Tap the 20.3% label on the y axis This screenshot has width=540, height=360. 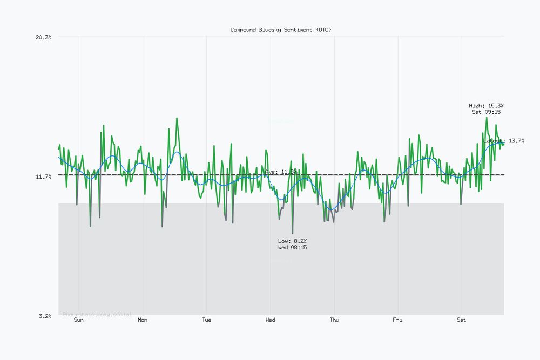(x=43, y=37)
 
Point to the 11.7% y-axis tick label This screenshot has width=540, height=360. (x=43, y=176)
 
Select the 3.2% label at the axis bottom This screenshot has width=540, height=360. (x=45, y=316)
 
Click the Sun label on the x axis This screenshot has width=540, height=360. (x=79, y=320)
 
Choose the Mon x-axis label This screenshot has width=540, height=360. (x=143, y=320)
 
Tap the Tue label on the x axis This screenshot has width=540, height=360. (x=206, y=320)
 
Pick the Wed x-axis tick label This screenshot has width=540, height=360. (x=270, y=320)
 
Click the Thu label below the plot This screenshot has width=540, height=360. (x=334, y=320)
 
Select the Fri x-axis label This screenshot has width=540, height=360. (x=397, y=320)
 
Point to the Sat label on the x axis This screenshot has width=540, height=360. (x=461, y=320)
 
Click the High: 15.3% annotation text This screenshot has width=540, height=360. (x=487, y=106)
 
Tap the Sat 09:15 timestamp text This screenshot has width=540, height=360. (x=487, y=112)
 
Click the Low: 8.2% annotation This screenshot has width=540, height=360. (x=292, y=241)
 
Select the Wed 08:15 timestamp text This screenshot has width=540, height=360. (x=292, y=247)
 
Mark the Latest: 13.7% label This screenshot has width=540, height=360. (x=504, y=141)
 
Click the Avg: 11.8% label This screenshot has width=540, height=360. (x=281, y=172)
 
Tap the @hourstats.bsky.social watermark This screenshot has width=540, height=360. (x=97, y=314)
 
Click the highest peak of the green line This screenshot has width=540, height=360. (x=487, y=117)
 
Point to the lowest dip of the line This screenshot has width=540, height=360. (x=292, y=233)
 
